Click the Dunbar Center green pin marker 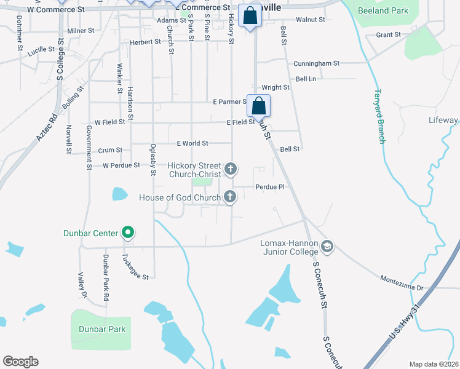point(128,232)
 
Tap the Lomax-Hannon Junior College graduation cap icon point(327,247)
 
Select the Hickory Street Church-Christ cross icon point(230,169)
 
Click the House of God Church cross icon point(230,197)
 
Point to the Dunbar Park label point(102,329)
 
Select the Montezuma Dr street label point(402,287)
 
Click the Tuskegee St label point(135,267)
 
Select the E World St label point(192,143)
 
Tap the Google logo point(20,362)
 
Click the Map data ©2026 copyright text point(434,364)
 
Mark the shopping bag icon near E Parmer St point(259,105)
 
